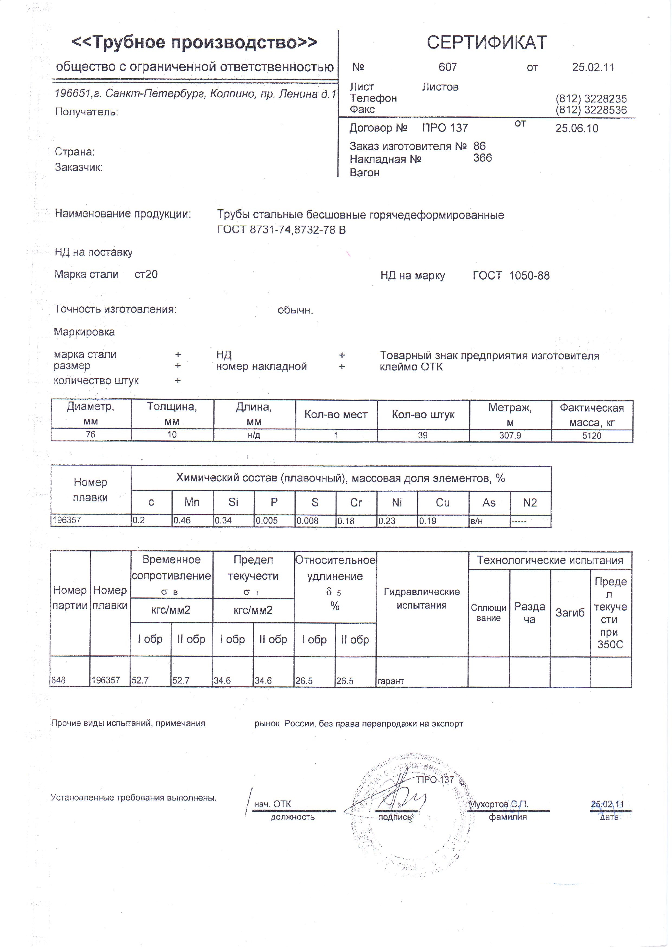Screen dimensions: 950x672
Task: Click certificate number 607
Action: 448,67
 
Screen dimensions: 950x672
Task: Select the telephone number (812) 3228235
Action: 591,99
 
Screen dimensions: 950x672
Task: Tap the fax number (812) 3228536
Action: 591,110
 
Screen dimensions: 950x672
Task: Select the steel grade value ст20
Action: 146,274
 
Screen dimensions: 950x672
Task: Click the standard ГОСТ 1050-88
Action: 511,276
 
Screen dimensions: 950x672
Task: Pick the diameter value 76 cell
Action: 91,434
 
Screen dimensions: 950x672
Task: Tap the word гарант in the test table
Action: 390,681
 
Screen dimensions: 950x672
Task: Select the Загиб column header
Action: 570,613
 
